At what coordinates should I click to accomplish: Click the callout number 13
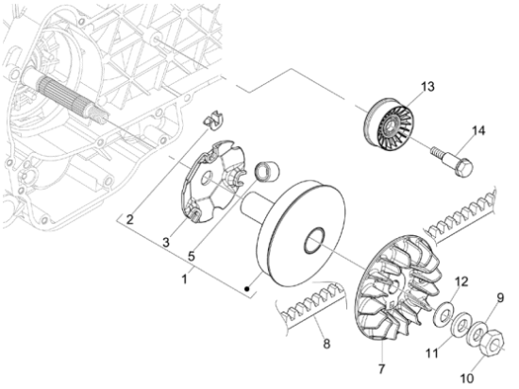pos(427,87)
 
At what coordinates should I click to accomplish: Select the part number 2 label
pos(130,219)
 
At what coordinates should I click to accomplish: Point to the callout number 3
pos(165,243)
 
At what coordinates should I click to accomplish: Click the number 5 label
pos(192,257)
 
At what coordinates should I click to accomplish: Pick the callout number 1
pos(184,279)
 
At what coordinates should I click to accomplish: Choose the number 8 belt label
pos(326,344)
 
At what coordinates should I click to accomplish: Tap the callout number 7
pos(381,368)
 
